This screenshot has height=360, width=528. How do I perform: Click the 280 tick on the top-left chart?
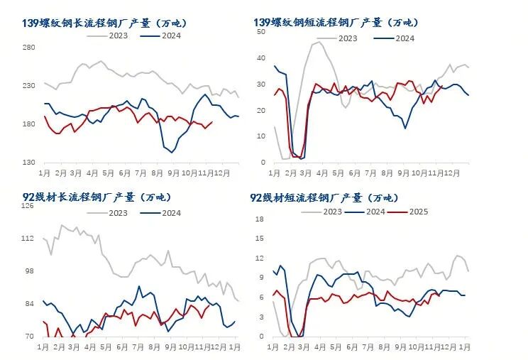[29, 48]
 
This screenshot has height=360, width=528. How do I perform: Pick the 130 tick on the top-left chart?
[29, 163]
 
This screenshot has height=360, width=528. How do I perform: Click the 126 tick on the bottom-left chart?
[29, 206]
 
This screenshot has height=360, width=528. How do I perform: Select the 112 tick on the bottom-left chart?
[29, 239]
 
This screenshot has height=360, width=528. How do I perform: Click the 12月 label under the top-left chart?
[222, 173]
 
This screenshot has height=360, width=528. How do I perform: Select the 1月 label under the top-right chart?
[274, 173]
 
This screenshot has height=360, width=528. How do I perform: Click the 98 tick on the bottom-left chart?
[29, 271]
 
